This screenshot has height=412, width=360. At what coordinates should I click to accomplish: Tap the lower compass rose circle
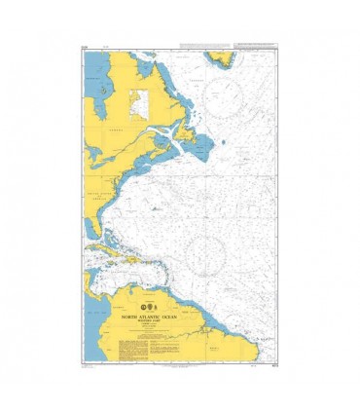(x=209, y=251)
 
